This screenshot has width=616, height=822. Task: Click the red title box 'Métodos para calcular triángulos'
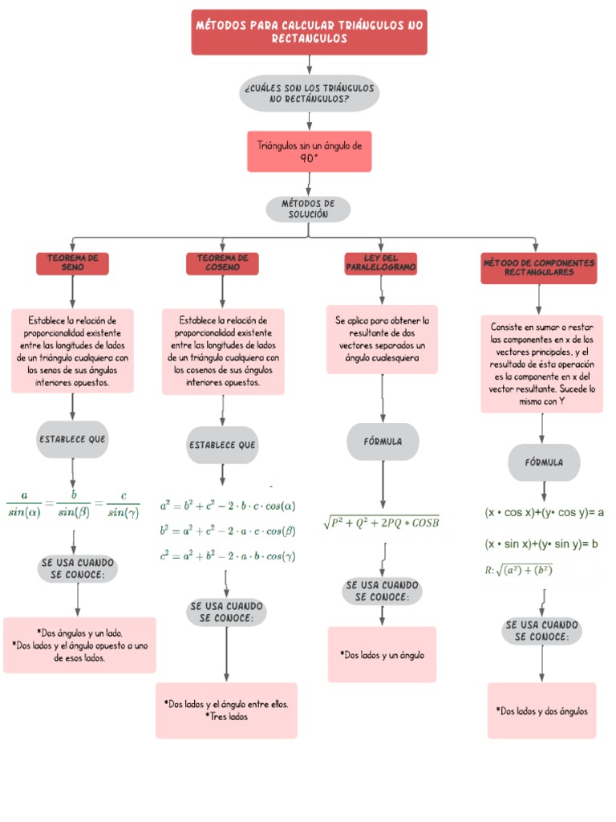click(309, 32)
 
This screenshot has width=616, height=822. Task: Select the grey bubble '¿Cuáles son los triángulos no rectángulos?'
click(309, 93)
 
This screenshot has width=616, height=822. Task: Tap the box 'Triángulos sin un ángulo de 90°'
click(309, 152)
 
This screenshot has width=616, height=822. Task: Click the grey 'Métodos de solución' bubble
click(308, 210)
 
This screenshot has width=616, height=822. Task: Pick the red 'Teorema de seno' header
click(72, 262)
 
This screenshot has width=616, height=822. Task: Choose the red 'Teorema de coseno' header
click(222, 262)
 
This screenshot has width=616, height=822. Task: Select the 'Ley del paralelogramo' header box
click(381, 262)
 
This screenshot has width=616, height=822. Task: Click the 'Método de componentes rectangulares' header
click(538, 268)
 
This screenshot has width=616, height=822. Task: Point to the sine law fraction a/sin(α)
click(23, 506)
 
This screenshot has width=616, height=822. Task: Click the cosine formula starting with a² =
click(228, 506)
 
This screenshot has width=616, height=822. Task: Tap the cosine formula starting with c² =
click(228, 555)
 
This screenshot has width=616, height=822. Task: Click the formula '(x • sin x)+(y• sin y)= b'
click(541, 544)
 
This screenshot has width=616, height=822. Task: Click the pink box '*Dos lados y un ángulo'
click(382, 655)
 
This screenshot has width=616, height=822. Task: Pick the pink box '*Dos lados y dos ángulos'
click(541, 711)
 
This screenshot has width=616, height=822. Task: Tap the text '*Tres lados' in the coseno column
click(226, 717)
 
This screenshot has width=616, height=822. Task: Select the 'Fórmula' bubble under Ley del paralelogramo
click(383, 442)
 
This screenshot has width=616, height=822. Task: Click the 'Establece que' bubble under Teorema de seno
click(72, 439)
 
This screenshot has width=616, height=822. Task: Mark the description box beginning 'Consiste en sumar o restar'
click(541, 364)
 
